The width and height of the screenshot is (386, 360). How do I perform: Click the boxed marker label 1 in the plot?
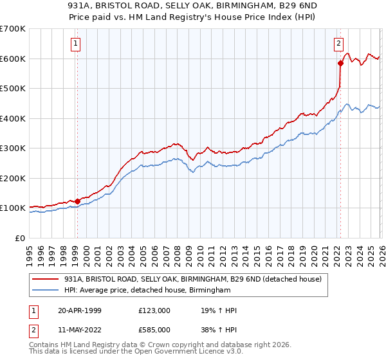[x=76, y=44]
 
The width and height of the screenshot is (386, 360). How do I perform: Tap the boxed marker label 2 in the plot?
[x=338, y=44]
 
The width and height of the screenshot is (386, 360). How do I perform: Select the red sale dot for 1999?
[x=77, y=201]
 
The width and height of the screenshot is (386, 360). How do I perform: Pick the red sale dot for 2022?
[x=340, y=63]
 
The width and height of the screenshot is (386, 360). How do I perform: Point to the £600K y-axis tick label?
[x=13, y=59]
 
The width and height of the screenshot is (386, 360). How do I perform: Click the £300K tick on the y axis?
[x=13, y=148]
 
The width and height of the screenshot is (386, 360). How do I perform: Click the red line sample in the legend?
[x=46, y=280]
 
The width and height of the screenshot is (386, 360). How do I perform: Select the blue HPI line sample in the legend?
[x=46, y=291]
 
